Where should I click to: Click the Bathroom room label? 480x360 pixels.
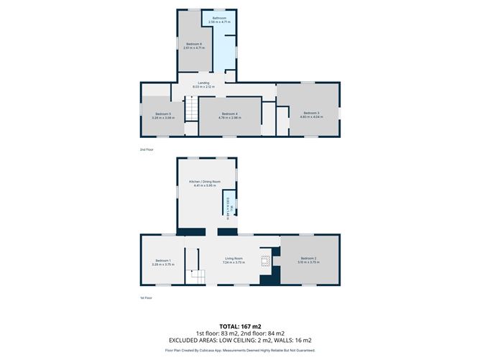point(218,18)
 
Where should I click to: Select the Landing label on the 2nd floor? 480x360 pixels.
point(204,83)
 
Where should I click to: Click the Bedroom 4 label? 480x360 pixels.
point(229,114)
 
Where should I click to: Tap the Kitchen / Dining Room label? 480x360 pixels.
point(204,182)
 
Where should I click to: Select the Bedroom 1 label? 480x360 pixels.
point(163,260)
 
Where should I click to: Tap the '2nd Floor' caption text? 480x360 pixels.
point(147,149)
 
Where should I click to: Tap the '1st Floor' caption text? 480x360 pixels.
point(147,297)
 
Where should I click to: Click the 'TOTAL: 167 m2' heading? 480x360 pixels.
point(239,326)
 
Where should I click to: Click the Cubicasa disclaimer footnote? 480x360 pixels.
point(239,350)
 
